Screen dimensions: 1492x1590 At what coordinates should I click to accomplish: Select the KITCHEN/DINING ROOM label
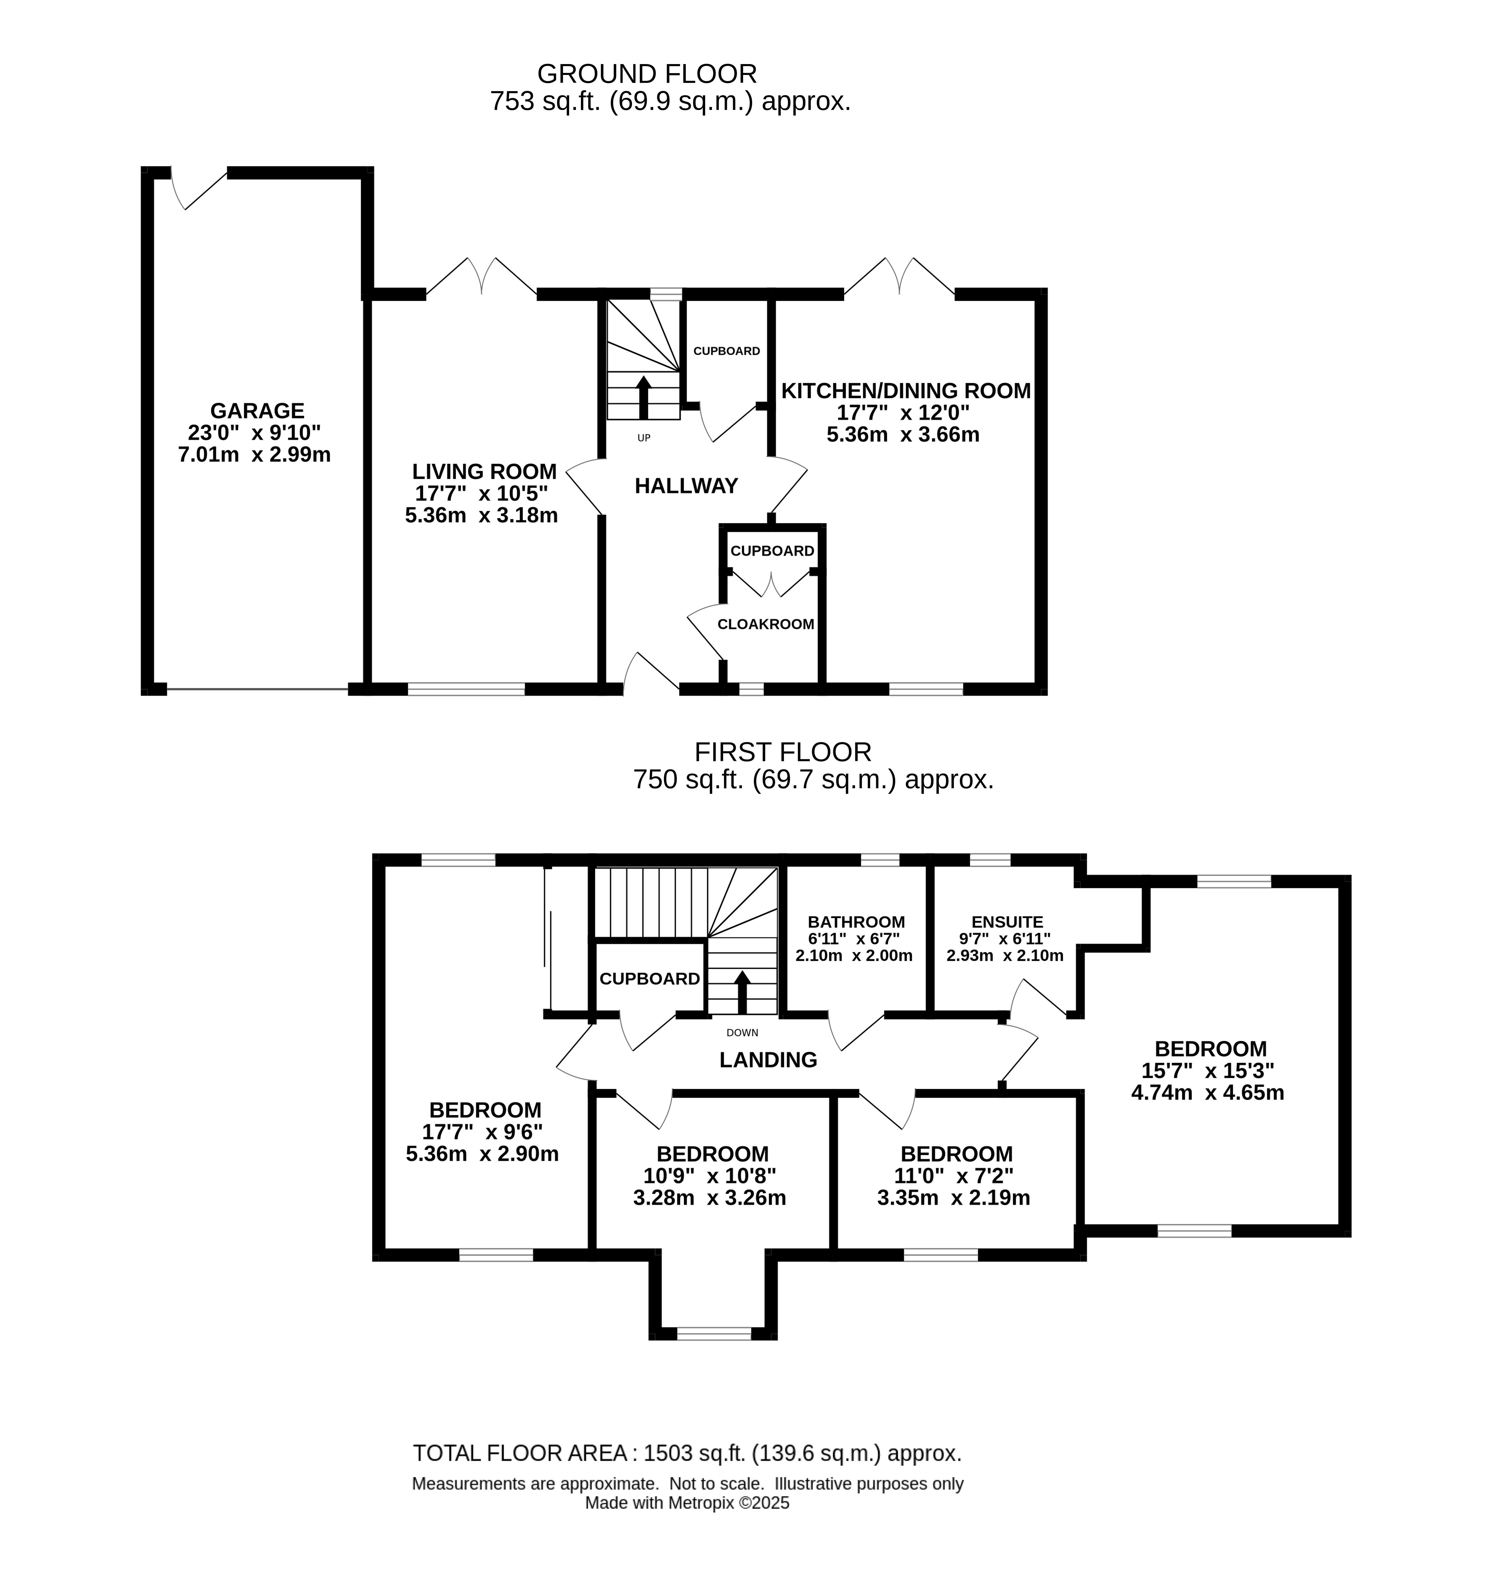coord(906,391)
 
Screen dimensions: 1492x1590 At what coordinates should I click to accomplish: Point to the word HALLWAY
coord(686,486)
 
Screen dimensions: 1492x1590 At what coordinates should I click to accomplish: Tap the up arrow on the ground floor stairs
coord(643,397)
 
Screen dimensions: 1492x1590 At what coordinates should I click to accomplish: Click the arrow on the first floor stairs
coord(742,993)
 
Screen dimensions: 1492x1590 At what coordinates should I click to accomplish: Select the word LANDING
coord(767,1060)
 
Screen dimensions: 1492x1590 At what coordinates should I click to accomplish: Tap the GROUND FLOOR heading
coord(647,73)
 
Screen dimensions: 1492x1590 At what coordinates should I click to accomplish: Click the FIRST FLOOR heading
coord(783,752)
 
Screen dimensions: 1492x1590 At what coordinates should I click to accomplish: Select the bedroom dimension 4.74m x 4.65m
coord(1207,1093)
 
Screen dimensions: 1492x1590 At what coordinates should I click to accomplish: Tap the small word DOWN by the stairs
coord(742,1033)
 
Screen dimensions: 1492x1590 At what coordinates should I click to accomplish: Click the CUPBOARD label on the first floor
coord(649,979)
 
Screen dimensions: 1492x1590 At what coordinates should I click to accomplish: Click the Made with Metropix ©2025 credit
coord(687,1503)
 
